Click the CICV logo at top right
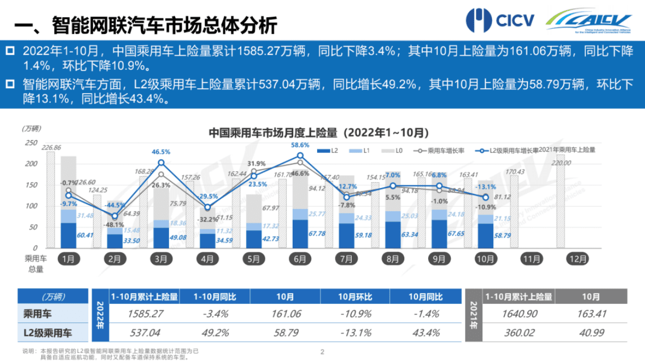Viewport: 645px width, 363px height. (500, 21)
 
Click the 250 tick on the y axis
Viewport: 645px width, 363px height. (31, 142)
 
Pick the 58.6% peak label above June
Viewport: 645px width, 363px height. (300, 145)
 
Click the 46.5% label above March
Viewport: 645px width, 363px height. (161, 152)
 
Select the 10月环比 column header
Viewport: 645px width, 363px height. (355, 297)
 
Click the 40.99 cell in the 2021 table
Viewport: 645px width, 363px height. (592, 332)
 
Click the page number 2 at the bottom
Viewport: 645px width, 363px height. (322, 352)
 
